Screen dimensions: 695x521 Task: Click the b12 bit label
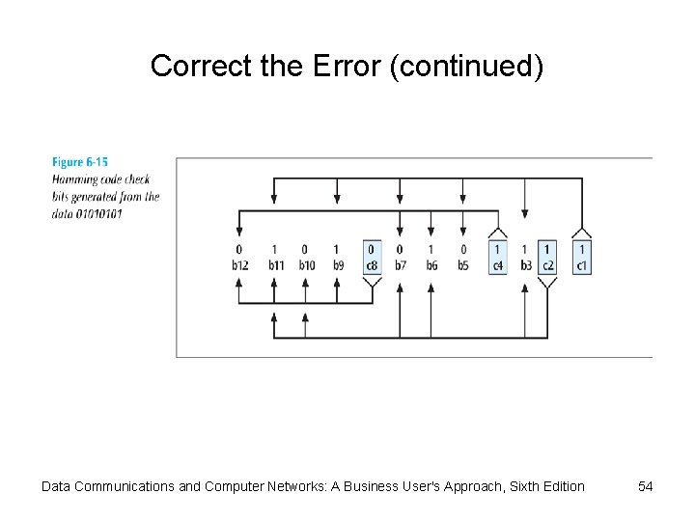click(x=239, y=265)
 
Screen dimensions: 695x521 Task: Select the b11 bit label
click(x=274, y=265)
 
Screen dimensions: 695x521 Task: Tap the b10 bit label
click(x=306, y=265)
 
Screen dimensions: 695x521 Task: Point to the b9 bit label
click(x=337, y=265)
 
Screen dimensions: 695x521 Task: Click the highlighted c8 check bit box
click(x=372, y=258)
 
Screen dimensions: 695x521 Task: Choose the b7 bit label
click(x=400, y=265)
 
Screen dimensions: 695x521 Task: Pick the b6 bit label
click(x=431, y=265)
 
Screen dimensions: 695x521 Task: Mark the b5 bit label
click(x=463, y=265)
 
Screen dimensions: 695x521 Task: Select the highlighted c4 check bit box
click(x=497, y=258)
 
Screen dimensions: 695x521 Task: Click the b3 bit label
click(x=525, y=265)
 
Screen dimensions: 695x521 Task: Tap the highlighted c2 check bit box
click(x=547, y=258)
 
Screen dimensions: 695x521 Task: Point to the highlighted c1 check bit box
click(x=581, y=258)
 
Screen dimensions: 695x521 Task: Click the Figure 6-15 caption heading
click(x=80, y=163)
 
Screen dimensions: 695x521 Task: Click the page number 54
click(x=646, y=486)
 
